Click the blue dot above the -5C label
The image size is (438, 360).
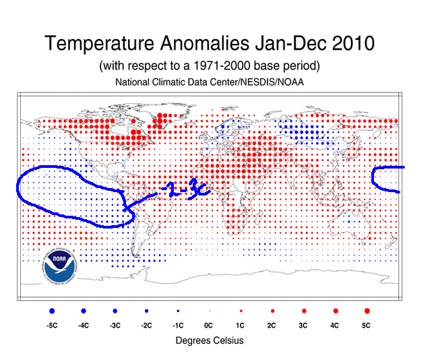(x=52, y=311)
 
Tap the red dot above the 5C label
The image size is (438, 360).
(x=367, y=311)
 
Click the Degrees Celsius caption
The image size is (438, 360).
(x=210, y=340)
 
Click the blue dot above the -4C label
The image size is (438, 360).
(x=84, y=311)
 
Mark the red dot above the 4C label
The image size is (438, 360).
(x=335, y=311)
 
